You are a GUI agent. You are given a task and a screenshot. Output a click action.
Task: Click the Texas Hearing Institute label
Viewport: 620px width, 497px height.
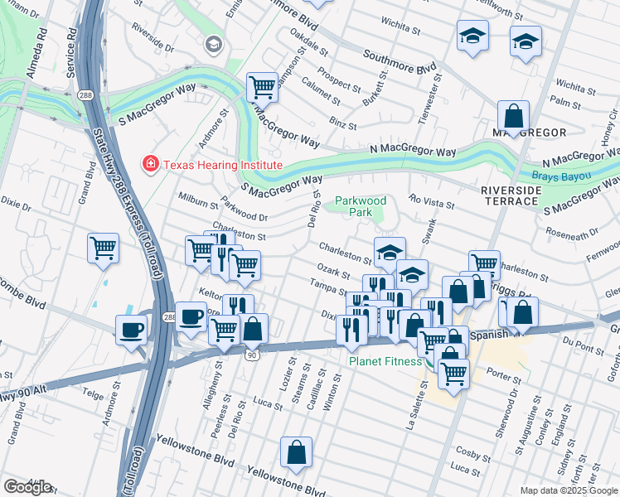pos(222,165)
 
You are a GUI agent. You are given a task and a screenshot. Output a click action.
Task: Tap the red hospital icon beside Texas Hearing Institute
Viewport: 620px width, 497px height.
pos(150,165)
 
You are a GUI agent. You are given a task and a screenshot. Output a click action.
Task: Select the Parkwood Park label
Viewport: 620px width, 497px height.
pos(361,206)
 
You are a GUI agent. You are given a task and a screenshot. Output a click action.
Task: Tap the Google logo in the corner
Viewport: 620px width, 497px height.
pos(27,486)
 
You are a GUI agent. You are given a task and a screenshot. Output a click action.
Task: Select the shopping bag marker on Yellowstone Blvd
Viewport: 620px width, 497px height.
pos(296,452)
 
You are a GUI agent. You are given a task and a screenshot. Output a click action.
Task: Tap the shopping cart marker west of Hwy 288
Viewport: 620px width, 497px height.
pos(103,248)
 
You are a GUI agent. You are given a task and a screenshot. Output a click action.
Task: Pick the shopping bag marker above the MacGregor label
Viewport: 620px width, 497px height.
pos(513,116)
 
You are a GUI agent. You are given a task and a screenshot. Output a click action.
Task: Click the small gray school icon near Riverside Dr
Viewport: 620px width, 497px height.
pos(214,43)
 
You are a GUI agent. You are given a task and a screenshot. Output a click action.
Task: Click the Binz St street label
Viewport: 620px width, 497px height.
pos(342,125)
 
